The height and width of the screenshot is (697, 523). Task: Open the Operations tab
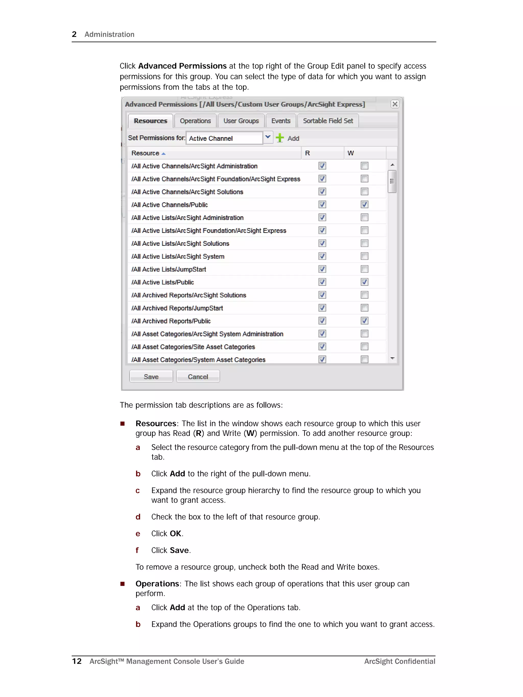pos(195,121)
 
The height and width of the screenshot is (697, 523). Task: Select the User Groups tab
pos(241,121)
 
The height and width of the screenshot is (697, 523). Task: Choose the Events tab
pos(281,121)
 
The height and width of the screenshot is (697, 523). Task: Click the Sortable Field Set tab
pos(328,121)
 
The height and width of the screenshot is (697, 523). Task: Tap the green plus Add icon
pos(279,138)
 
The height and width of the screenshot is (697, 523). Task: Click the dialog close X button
pos(395,104)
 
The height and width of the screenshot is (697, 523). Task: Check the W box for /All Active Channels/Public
pos(364,205)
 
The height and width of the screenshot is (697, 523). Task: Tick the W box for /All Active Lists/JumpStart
pos(364,269)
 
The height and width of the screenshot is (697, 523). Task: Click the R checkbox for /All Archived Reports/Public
pos(322,321)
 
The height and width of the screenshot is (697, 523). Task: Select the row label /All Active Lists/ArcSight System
pos(178,257)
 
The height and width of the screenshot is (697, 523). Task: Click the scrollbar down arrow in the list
pos(392,358)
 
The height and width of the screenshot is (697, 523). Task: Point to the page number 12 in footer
pos(77,661)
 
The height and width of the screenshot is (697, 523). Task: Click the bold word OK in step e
pos(175,534)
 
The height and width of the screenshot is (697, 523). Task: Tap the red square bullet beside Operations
pos(122,584)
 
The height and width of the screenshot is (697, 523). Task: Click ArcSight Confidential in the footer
pos(399,661)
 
